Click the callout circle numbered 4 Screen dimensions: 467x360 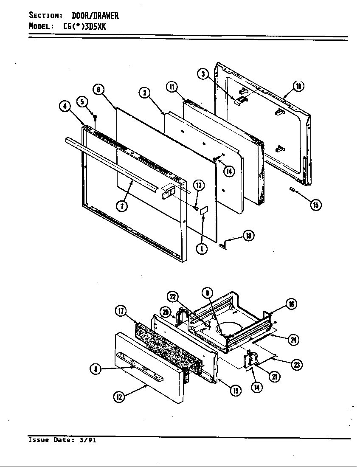tap(65, 107)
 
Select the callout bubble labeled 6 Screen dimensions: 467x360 tap(98, 89)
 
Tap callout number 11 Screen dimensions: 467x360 tap(172, 87)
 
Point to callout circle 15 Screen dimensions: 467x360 tap(315, 205)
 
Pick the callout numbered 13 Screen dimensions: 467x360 tap(199, 185)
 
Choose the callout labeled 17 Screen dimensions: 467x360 tap(121, 312)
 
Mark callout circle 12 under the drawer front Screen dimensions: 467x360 tap(119, 397)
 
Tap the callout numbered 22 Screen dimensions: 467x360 tap(173, 298)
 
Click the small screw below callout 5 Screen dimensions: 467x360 tap(96, 116)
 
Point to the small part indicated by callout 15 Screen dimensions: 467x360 tap(292, 190)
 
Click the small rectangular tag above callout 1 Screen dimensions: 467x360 tap(203, 210)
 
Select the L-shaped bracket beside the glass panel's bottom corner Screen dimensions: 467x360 tap(225, 243)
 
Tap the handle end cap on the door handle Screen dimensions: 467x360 tap(167, 191)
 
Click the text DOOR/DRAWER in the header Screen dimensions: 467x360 tap(95, 16)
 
